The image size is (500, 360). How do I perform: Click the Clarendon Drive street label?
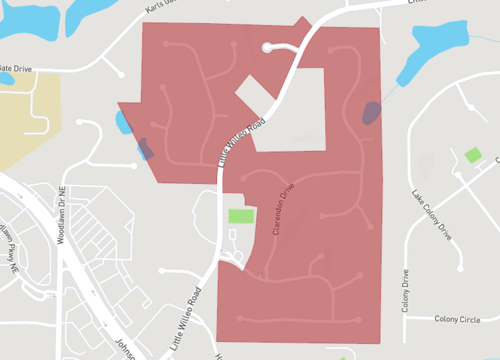[282, 208]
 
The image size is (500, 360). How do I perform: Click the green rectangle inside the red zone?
[240, 215]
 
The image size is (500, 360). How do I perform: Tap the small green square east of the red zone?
[473, 156]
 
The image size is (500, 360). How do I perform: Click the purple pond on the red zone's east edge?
[371, 112]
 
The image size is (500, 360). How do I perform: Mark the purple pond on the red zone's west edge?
[145, 149]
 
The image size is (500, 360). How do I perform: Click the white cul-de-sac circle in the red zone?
[267, 47]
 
